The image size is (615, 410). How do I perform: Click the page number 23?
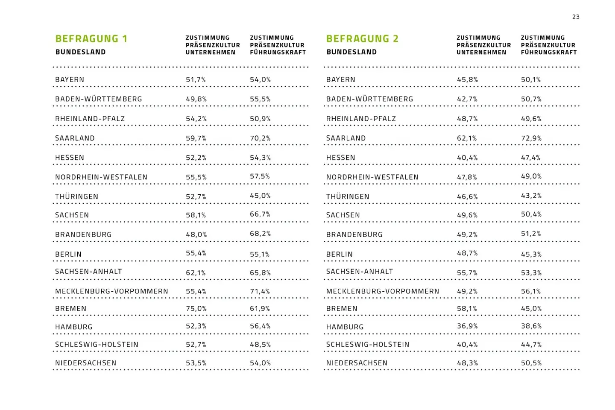click(x=576, y=17)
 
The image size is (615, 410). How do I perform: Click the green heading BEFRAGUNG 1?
click(x=91, y=39)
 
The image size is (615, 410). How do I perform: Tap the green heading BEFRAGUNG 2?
click(x=362, y=39)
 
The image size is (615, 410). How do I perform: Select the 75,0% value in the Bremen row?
click(x=196, y=308)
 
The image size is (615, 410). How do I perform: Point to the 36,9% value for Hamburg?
click(x=467, y=326)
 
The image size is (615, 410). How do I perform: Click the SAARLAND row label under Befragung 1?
click(x=75, y=138)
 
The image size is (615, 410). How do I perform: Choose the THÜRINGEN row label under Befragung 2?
click(x=348, y=196)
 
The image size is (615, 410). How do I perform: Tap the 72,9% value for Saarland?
click(x=531, y=138)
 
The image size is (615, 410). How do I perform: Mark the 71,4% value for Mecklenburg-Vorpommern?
click(x=260, y=291)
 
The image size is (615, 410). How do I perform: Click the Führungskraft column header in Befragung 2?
click(x=548, y=45)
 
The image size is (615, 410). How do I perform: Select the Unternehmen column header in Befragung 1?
click(x=212, y=45)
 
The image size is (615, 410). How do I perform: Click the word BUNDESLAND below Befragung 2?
click(x=351, y=52)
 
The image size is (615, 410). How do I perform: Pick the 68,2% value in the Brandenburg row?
click(x=260, y=234)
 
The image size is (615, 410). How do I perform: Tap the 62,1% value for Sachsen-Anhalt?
click(x=196, y=272)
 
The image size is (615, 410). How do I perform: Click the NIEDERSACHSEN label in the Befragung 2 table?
click(x=357, y=363)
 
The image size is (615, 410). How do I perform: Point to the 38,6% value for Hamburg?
click(x=531, y=326)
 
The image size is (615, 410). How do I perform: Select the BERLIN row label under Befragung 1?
click(x=68, y=254)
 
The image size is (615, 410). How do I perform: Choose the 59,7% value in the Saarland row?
click(x=196, y=138)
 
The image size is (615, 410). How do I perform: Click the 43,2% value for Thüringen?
click(x=531, y=196)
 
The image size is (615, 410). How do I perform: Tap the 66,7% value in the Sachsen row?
click(x=260, y=214)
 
